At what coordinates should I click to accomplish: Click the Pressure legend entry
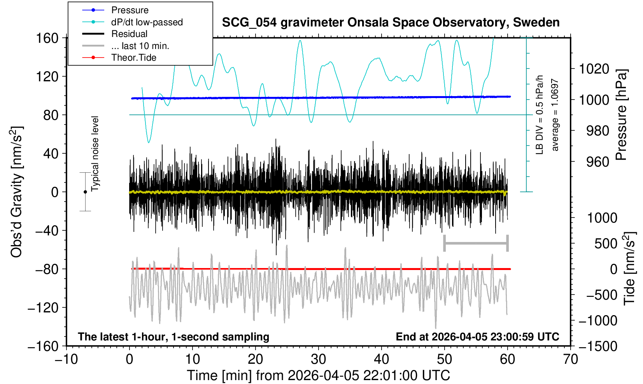(x=130, y=10)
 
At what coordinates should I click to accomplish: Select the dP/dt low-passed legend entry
(x=147, y=22)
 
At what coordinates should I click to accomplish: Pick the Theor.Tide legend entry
(x=133, y=58)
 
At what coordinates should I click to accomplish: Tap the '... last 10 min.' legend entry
(x=140, y=46)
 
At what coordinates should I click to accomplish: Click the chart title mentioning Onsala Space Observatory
(x=391, y=23)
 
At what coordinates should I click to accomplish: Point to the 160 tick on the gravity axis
(x=47, y=39)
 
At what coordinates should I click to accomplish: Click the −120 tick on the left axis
(x=43, y=308)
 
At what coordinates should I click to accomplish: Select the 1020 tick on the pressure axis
(x=594, y=69)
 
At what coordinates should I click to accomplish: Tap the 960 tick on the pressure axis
(x=597, y=161)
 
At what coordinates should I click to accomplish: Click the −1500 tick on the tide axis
(x=598, y=346)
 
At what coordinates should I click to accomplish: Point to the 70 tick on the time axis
(x=570, y=359)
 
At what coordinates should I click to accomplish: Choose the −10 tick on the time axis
(x=66, y=359)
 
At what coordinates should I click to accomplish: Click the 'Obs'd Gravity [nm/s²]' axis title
(x=17, y=192)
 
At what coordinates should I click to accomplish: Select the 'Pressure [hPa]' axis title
(x=622, y=115)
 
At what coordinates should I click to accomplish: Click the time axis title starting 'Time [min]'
(x=318, y=375)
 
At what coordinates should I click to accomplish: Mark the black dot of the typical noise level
(x=85, y=192)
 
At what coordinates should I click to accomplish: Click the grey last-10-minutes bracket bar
(x=476, y=244)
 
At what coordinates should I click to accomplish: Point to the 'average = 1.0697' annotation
(x=555, y=115)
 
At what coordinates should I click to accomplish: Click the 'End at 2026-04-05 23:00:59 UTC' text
(x=477, y=337)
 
